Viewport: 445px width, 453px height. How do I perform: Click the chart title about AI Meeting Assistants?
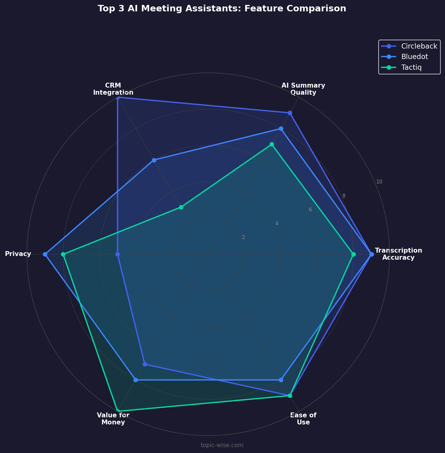(222, 9)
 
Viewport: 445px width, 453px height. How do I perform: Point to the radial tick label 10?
(379, 182)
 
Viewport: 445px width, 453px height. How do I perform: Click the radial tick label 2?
(243, 237)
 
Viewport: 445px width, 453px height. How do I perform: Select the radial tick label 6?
(310, 210)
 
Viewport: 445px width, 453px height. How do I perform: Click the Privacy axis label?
(18, 254)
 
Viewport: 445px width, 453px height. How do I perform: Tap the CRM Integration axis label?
(113, 89)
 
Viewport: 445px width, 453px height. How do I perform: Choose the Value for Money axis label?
(113, 419)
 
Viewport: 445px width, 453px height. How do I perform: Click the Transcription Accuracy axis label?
(398, 254)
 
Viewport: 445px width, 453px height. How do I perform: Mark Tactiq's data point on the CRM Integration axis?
(181, 207)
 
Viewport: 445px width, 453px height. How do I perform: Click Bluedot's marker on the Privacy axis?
(45, 254)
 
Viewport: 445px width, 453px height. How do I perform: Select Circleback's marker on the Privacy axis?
(117, 254)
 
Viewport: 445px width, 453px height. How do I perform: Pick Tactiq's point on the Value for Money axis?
(118, 411)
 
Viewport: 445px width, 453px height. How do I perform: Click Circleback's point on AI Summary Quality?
(290, 113)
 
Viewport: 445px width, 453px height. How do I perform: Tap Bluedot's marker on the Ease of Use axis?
(281, 380)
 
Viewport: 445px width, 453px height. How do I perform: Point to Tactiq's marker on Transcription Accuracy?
(353, 254)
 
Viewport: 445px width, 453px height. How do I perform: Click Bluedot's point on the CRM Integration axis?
(154, 160)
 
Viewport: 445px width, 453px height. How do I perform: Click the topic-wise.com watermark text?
(222, 445)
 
